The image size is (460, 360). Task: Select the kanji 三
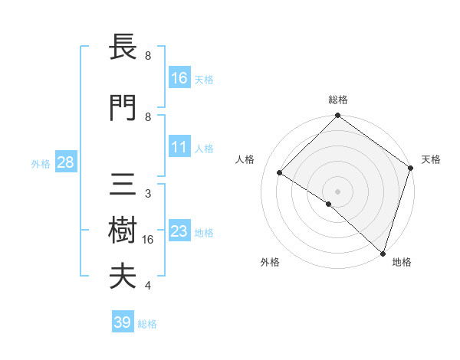(x=123, y=185)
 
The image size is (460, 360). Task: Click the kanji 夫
(x=123, y=277)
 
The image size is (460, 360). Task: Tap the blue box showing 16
(x=179, y=78)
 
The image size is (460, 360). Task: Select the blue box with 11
(x=179, y=148)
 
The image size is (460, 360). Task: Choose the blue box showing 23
(x=179, y=232)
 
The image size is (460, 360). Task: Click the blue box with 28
(x=65, y=163)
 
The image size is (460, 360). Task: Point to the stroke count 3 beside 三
(x=148, y=194)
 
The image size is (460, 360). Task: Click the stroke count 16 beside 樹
(x=148, y=240)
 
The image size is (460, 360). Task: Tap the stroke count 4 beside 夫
(x=148, y=286)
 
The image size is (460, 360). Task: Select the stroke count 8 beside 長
(x=148, y=56)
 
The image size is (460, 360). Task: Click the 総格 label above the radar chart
(x=337, y=100)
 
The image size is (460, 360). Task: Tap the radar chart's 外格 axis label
(x=270, y=262)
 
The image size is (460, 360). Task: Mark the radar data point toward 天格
(x=411, y=169)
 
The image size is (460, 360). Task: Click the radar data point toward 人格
(x=280, y=173)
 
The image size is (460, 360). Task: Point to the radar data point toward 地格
(x=383, y=252)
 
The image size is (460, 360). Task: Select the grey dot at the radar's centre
(x=337, y=191)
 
